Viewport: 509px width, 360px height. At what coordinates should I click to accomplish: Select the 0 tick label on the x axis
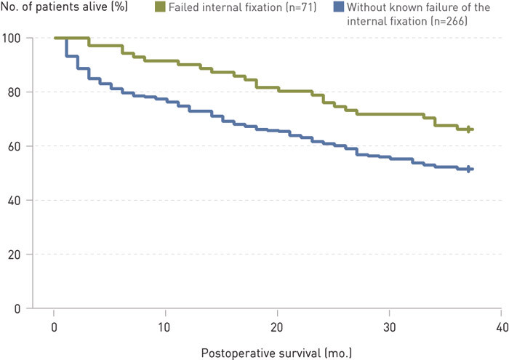click(55, 322)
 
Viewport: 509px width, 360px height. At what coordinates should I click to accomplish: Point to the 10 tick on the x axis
click(166, 322)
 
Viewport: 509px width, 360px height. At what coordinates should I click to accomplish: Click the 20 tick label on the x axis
click(278, 322)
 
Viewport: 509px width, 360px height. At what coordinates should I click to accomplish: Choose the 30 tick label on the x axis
click(389, 322)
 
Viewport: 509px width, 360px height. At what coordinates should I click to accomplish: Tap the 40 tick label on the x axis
click(500, 322)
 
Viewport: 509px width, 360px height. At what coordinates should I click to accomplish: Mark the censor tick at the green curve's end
click(468, 129)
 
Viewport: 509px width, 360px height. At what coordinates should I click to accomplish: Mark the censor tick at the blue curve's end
click(468, 169)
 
